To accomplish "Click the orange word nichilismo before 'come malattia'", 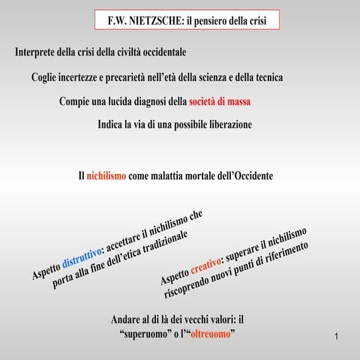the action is (106, 176).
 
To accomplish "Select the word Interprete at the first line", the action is (40, 53).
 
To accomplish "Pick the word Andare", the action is (128, 319).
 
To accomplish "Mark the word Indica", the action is (113, 124).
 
